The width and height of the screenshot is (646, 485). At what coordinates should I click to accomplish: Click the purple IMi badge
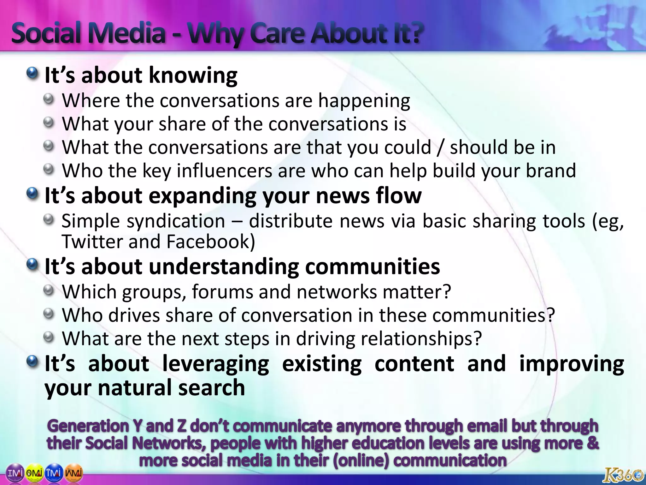pos(15,473)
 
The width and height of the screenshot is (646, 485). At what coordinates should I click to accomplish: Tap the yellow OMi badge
pos(35,473)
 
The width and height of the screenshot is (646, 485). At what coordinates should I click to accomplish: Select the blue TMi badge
pos(54,473)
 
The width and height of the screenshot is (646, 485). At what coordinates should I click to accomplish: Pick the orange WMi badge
pos(74,473)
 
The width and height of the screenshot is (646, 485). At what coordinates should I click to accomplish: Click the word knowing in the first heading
pos(193,76)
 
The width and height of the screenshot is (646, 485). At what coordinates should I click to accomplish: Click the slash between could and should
pos(440,148)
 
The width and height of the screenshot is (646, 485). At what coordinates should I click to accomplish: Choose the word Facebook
pos(210,242)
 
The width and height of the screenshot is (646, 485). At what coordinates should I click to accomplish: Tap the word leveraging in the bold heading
pos(216,364)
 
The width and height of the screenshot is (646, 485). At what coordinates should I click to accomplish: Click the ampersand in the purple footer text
pos(593,443)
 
